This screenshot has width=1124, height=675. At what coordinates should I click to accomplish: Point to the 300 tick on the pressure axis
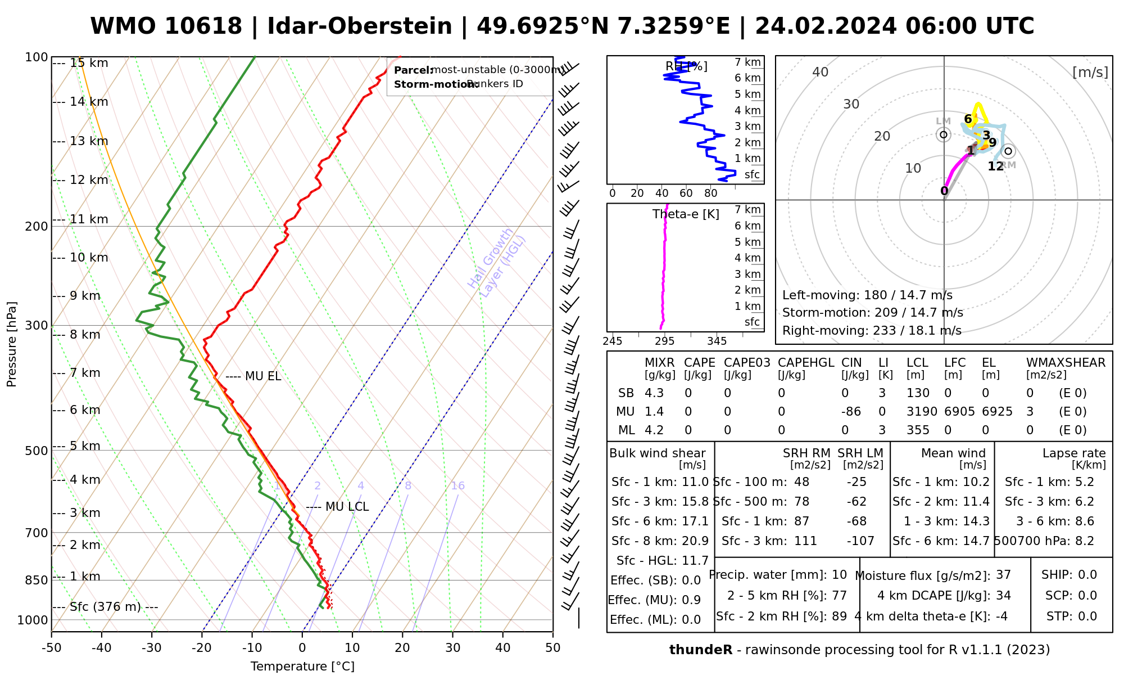click(37, 326)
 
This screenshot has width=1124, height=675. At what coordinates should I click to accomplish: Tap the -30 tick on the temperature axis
click(152, 648)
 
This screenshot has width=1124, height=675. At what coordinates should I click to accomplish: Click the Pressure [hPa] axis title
click(12, 344)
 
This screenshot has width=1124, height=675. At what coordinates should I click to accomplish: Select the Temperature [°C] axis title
click(302, 667)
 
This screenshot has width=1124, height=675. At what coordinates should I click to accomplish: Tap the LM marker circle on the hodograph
click(944, 134)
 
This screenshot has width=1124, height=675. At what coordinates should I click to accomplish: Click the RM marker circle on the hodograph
click(1008, 151)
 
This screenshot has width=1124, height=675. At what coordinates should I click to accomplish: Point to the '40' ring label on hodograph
click(821, 72)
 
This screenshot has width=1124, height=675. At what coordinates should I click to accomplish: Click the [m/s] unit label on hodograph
click(1090, 72)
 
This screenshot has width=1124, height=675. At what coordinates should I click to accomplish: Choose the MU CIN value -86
click(851, 412)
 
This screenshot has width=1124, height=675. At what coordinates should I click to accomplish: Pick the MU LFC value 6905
click(959, 412)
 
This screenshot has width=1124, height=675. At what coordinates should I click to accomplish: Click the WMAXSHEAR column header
click(1066, 363)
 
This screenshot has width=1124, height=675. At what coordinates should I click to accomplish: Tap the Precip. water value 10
click(839, 575)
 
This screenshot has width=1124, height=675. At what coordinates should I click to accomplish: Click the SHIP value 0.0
click(1087, 575)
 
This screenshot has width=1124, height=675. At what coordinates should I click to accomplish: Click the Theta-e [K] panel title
click(686, 214)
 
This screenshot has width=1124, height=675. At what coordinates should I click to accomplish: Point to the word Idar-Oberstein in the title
click(360, 26)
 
